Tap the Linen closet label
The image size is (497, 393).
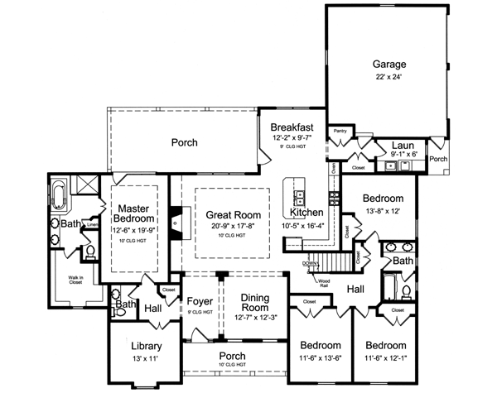tap(94, 224)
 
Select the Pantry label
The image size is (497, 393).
tap(340, 131)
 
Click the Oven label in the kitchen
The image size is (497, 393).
tap(333, 169)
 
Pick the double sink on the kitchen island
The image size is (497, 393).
tap(297, 195)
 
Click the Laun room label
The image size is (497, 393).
tap(403, 145)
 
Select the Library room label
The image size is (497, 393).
tap(145, 346)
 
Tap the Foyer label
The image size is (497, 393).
tap(201, 300)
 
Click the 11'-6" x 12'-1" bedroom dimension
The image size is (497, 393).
tap(386, 357)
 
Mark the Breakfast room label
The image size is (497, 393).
tap(292, 127)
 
